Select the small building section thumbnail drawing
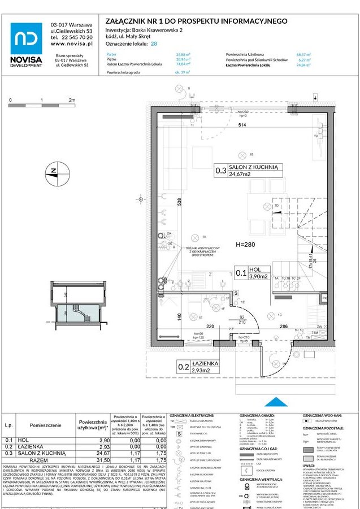(79, 306)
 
